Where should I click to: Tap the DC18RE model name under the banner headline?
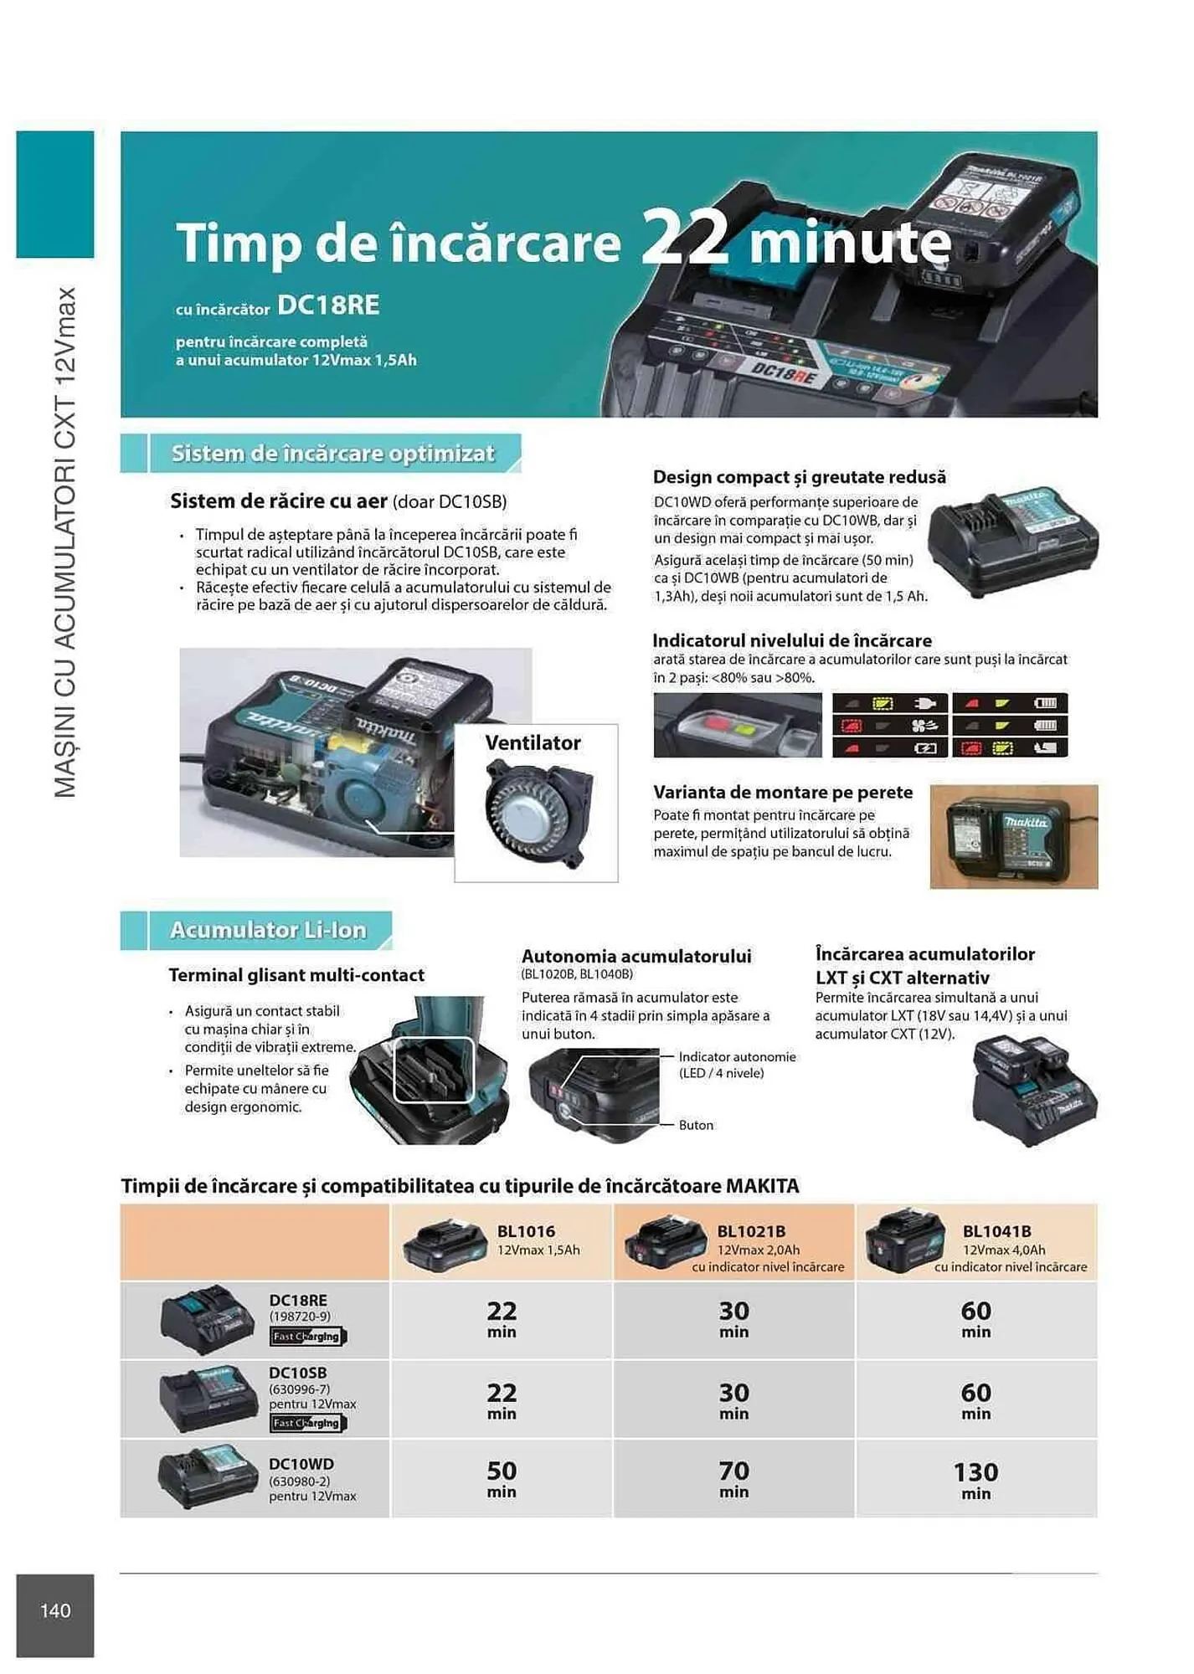[328, 306]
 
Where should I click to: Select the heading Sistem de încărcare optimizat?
[333, 454]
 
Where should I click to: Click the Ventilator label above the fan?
[533, 743]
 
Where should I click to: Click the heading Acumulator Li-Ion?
[268, 930]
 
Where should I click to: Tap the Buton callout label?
[696, 1125]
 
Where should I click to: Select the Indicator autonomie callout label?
[737, 1057]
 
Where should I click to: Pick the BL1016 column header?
[526, 1231]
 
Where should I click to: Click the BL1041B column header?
[996, 1231]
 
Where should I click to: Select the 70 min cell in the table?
[733, 1479]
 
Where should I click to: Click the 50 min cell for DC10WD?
[502, 1479]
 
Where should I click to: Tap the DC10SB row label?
[298, 1373]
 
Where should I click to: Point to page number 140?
[55, 1610]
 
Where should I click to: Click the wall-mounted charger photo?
[1013, 836]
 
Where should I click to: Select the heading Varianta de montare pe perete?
[783, 792]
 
